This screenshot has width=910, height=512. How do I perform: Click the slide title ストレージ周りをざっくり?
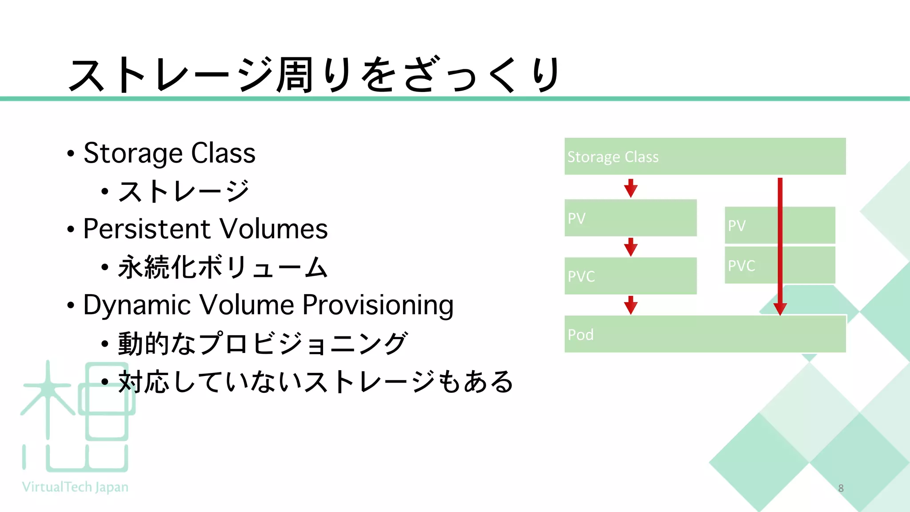(313, 75)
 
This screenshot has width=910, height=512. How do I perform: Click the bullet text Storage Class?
(169, 153)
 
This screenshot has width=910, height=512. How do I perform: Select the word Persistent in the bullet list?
(142, 229)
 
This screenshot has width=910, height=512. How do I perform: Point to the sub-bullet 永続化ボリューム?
(222, 268)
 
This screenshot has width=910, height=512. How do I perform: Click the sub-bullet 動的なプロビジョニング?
(262, 344)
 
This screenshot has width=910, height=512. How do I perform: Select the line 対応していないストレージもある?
(315, 382)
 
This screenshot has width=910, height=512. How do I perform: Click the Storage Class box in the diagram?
(705, 156)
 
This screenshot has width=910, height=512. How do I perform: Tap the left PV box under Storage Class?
(630, 218)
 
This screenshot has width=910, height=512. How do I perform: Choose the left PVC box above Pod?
(630, 276)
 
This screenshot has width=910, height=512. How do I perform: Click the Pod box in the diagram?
(705, 334)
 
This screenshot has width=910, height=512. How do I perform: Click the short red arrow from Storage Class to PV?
(631, 188)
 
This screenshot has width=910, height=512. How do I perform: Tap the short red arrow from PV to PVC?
(631, 247)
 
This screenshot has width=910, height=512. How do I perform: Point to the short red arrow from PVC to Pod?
(631, 305)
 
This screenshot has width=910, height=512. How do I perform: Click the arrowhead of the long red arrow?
(780, 309)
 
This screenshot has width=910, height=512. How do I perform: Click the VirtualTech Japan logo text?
(75, 487)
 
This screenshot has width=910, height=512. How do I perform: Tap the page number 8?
(841, 488)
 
